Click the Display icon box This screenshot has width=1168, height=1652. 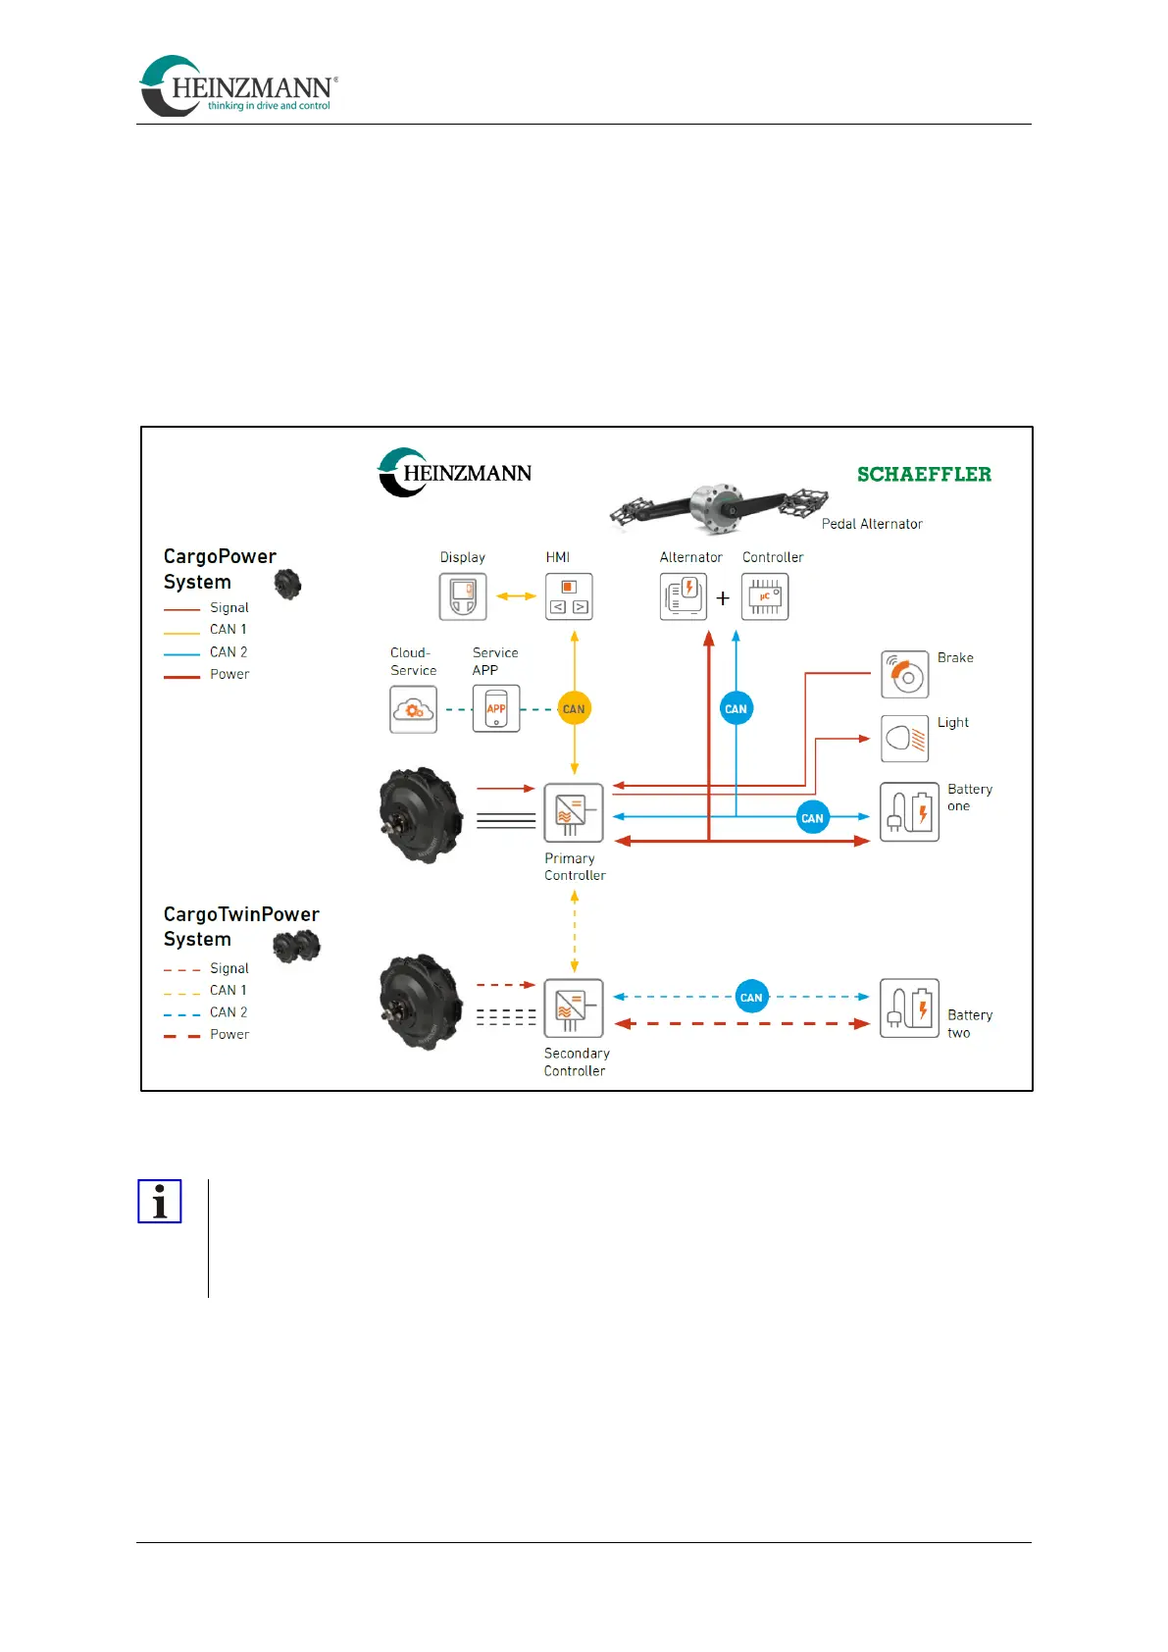(x=463, y=596)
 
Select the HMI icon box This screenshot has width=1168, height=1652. (x=569, y=596)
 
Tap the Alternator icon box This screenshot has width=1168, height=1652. (x=684, y=596)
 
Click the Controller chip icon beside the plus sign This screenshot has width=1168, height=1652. (x=765, y=596)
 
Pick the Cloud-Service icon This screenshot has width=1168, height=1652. (x=413, y=709)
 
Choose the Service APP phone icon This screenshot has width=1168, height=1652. (x=496, y=709)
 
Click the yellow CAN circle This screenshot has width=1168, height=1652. (x=574, y=708)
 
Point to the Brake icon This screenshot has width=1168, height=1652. (x=904, y=675)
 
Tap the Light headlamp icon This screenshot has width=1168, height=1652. (x=904, y=739)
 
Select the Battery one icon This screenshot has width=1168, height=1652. (x=909, y=812)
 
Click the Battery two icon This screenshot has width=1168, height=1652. (x=909, y=1008)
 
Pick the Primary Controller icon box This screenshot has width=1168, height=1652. (x=574, y=812)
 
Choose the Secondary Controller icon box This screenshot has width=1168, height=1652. (x=574, y=1008)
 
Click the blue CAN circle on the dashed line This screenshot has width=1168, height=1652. (x=751, y=997)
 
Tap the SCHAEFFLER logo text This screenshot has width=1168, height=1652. (x=924, y=475)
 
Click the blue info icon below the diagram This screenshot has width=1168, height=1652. (x=160, y=1201)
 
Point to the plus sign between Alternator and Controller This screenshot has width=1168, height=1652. (x=723, y=598)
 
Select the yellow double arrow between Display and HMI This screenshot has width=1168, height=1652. (x=516, y=596)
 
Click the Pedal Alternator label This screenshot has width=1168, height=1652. (x=872, y=524)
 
